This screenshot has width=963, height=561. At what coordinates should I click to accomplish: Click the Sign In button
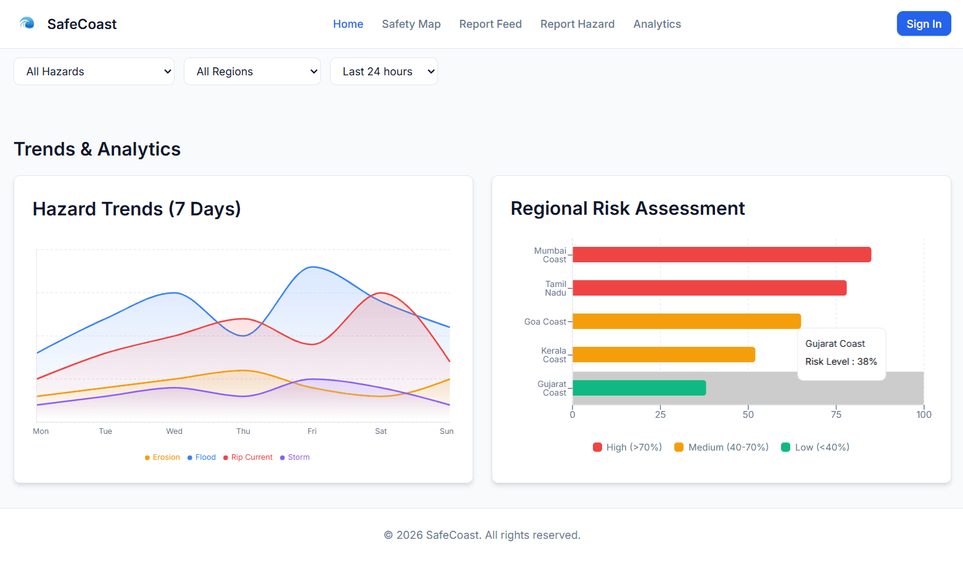coord(924,24)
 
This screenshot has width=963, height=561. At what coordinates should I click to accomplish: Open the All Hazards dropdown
coord(94,72)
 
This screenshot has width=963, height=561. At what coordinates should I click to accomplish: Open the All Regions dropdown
coord(252,72)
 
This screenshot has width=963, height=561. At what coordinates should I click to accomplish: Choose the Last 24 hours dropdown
coord(383,72)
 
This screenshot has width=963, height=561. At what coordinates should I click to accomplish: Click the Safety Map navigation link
coord(411,24)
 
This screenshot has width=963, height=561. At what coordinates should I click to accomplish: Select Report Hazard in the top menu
coord(577,24)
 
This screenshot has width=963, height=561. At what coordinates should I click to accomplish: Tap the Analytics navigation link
coord(656,24)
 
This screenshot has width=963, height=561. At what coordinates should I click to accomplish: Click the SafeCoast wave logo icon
coord(27,23)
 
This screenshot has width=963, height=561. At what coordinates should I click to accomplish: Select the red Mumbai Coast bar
coord(721,255)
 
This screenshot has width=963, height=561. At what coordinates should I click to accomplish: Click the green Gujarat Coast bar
coord(639,388)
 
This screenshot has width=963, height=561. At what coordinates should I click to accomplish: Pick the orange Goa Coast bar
coord(686,322)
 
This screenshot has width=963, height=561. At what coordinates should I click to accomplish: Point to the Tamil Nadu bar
coord(709,288)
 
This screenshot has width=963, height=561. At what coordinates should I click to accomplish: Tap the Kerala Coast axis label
coord(553,355)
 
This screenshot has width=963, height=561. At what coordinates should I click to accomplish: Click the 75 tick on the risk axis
coord(836,415)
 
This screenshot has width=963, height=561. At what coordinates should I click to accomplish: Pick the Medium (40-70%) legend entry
coord(721,447)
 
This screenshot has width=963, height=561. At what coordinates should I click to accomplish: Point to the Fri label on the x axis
coord(312,431)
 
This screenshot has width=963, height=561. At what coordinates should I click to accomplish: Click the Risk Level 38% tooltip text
coord(841,362)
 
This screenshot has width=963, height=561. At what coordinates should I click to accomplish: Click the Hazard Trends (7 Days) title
coord(136,209)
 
